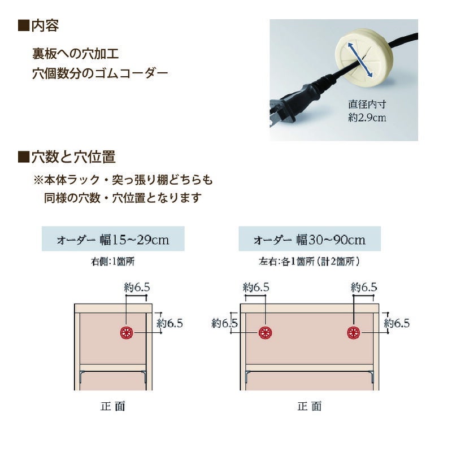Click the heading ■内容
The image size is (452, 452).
pos(39,25)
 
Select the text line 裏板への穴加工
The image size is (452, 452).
pos(75,55)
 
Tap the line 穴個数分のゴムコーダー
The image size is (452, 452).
pos(101,73)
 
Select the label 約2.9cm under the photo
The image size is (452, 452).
pos(367,118)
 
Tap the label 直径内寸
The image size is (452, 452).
pos(367,105)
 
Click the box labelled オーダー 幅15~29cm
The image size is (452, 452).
pos(113,239)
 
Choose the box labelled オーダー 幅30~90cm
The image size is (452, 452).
pos(309,239)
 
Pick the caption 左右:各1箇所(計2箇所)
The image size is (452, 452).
pos(309,262)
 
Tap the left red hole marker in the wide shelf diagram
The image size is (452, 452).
pos(264,332)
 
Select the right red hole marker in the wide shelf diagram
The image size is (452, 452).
pos(354,332)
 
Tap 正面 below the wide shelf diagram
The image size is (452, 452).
pos(309,406)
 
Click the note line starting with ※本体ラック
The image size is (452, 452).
pos(123,180)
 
